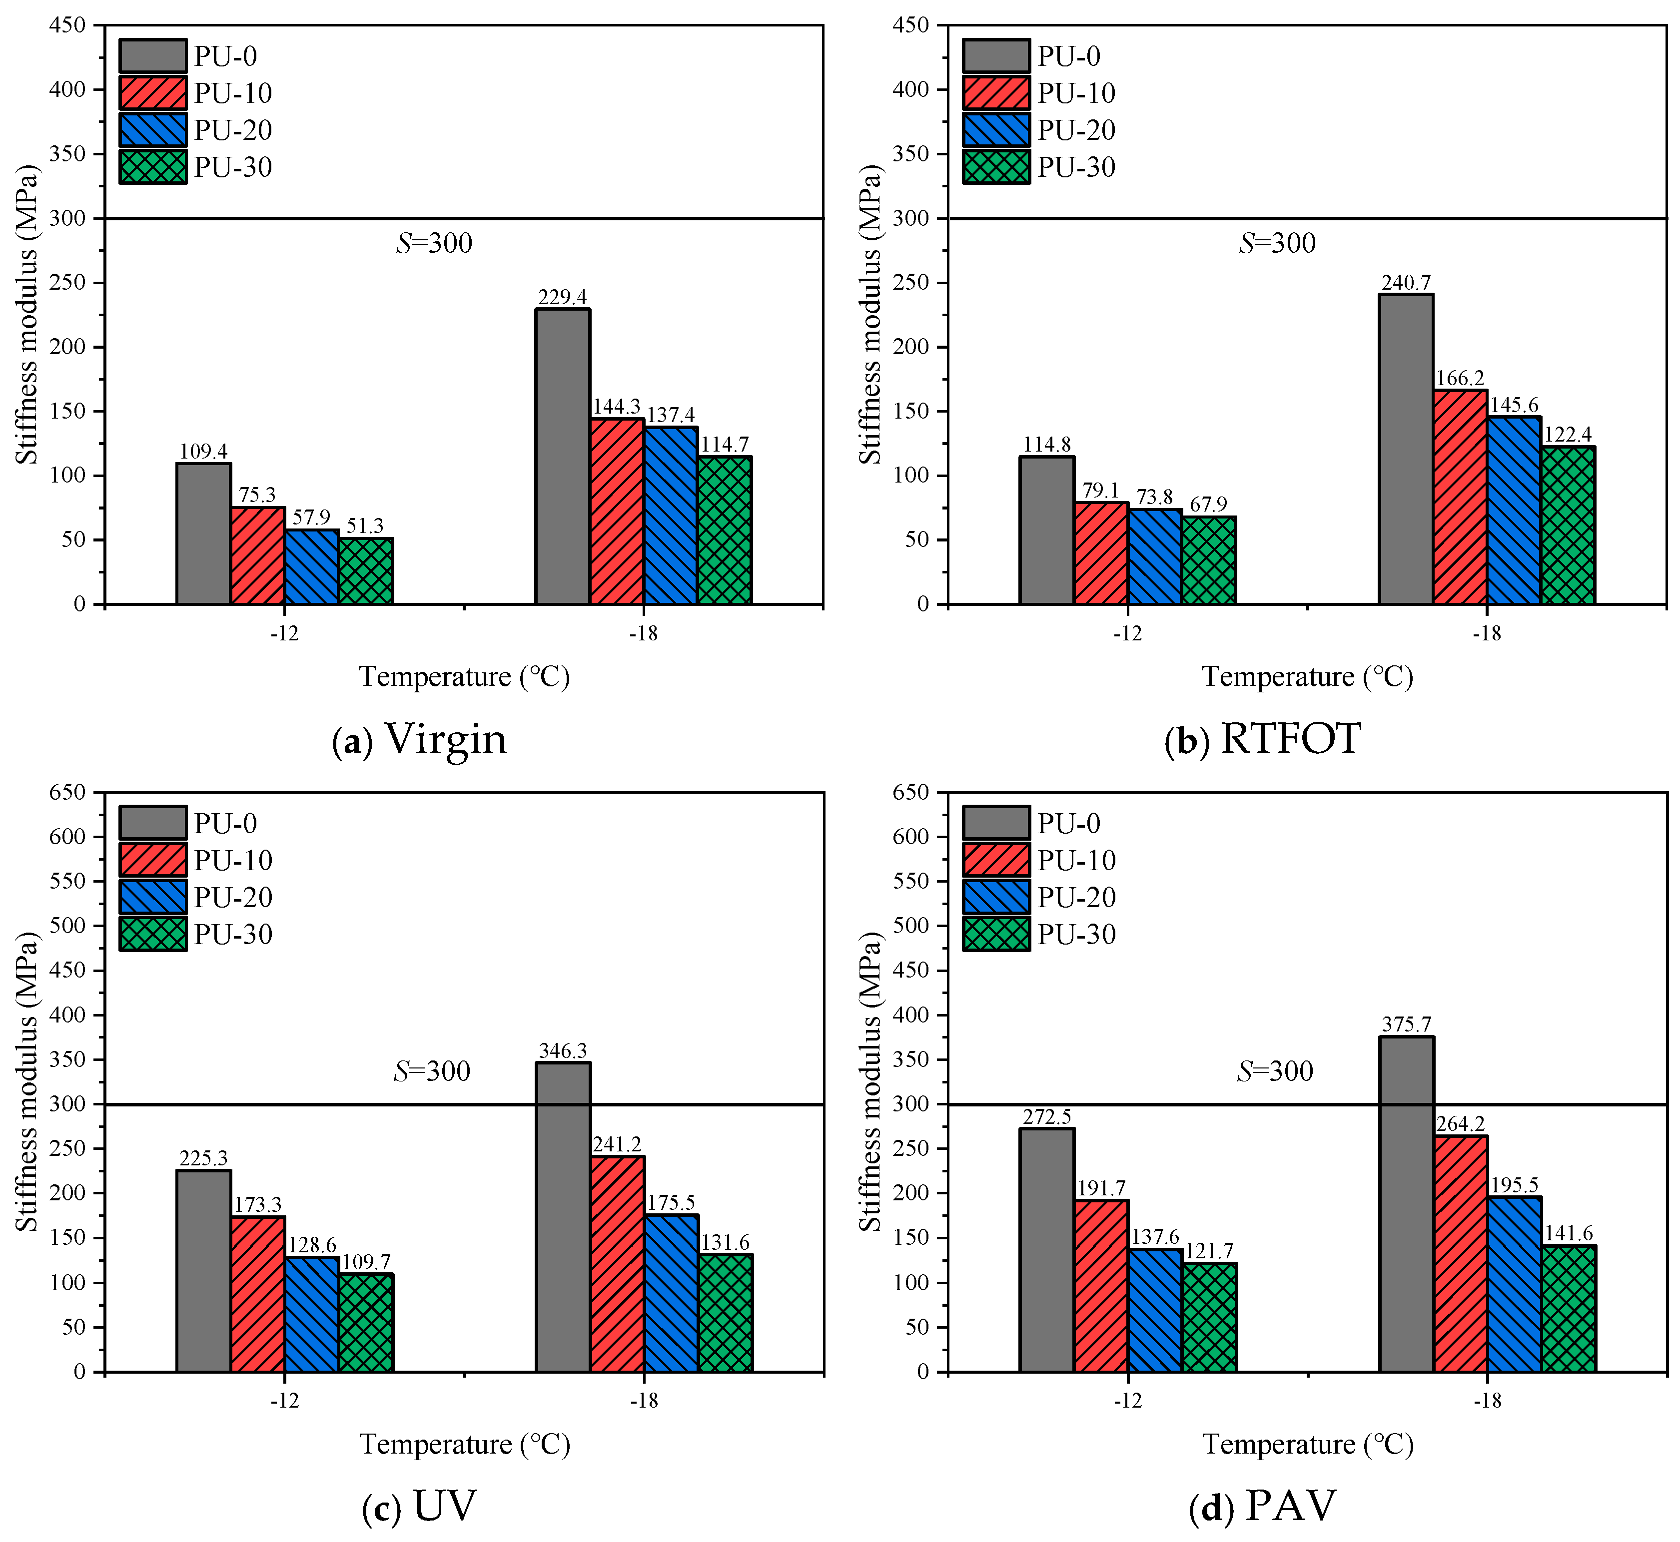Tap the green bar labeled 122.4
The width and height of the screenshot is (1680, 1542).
(x=1568, y=525)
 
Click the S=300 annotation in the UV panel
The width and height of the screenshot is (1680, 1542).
(x=432, y=1070)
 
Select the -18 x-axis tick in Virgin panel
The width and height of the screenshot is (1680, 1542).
(x=644, y=633)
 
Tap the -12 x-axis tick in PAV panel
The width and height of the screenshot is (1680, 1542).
(x=1127, y=1401)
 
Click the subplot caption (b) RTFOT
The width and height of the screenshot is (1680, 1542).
(x=1262, y=738)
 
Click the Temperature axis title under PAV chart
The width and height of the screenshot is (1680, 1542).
(x=1307, y=1445)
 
